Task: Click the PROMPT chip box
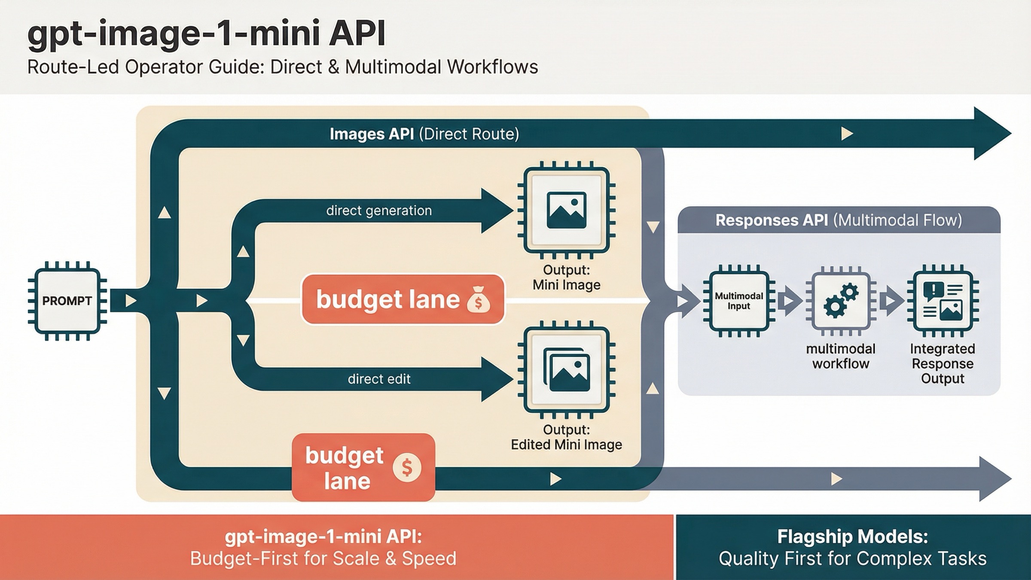point(67,301)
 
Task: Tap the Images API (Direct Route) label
point(424,134)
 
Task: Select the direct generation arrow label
point(379,211)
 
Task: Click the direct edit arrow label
point(379,379)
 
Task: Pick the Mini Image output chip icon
point(566,210)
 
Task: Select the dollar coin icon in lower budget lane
point(406,467)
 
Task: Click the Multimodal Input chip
point(738,301)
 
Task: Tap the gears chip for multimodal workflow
point(840,301)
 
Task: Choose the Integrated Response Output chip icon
point(943,301)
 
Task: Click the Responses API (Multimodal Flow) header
point(839,220)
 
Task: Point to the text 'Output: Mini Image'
point(566,278)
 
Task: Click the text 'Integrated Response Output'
point(943,363)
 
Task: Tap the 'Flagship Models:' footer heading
point(852,537)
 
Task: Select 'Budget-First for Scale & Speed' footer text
point(323,559)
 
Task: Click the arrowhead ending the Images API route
point(992,134)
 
